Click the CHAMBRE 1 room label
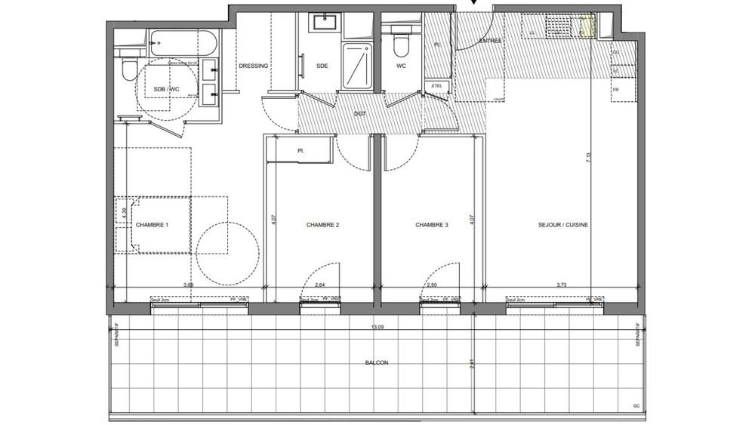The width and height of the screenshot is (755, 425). (152, 225)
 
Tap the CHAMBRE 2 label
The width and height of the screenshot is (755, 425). (322, 225)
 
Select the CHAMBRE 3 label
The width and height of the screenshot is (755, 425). (432, 225)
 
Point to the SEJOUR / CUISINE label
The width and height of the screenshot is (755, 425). (563, 225)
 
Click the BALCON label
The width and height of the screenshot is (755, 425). (377, 363)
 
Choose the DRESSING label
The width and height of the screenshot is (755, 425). (253, 66)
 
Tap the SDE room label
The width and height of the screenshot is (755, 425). (322, 66)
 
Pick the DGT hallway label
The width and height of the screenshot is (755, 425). (359, 113)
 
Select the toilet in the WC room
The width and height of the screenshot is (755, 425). (400, 44)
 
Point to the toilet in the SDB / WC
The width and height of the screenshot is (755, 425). (128, 70)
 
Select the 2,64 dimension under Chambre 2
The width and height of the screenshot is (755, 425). (320, 285)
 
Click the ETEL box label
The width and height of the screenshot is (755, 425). (436, 86)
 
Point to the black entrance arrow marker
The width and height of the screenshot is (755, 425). (473, 3)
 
